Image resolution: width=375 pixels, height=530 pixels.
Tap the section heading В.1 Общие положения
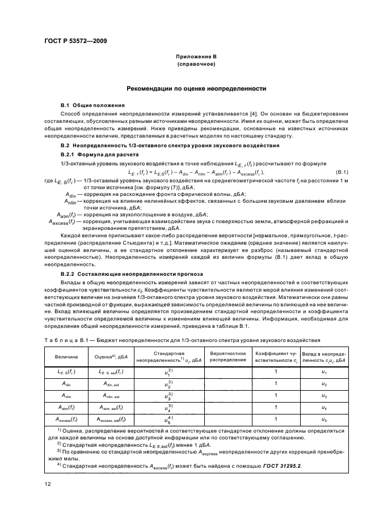[89, 105]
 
